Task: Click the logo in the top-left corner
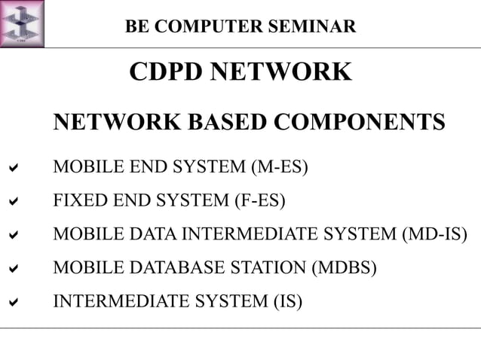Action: coord(22,23)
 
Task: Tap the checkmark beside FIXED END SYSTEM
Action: coord(13,201)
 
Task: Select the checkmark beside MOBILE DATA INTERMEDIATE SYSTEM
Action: coord(13,235)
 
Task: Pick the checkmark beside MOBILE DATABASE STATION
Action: coord(13,268)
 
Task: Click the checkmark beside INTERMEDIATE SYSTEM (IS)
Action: coord(13,302)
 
